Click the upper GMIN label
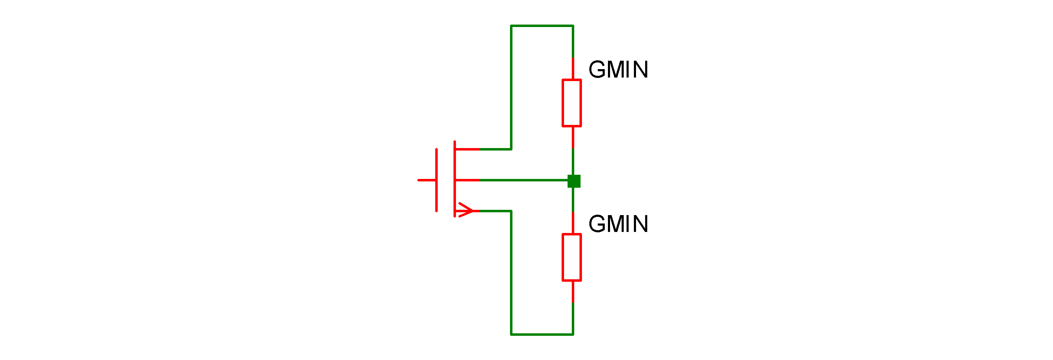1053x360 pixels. (x=618, y=69)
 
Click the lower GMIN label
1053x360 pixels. (x=618, y=224)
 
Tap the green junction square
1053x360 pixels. (x=574, y=181)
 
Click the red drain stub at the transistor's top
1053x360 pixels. (x=467, y=149)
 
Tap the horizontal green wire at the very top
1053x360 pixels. (x=542, y=26)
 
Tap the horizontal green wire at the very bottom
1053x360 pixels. (x=542, y=335)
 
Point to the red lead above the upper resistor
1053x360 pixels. (x=573, y=68)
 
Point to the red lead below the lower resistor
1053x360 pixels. (x=573, y=292)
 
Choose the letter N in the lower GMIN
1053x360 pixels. (x=640, y=224)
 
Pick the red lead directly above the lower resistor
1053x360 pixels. (x=573, y=223)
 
